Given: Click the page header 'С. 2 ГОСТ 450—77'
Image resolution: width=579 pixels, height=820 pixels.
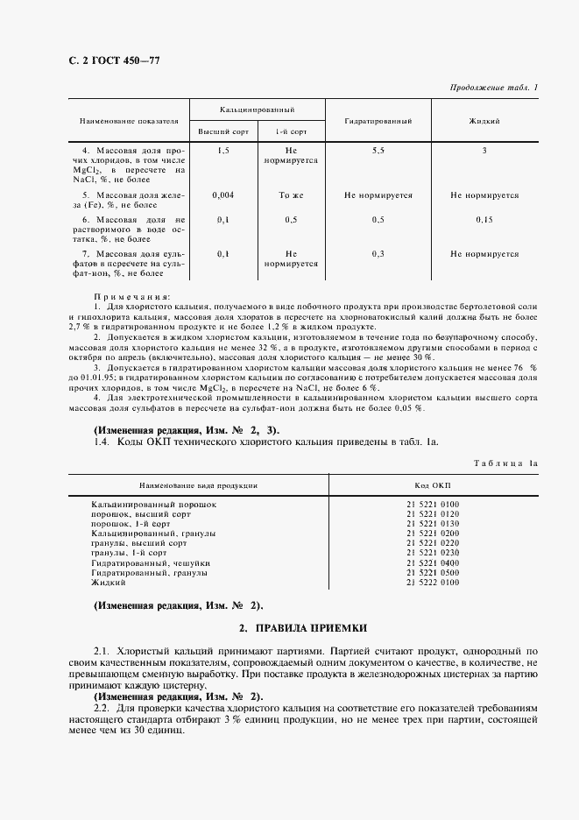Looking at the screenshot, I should [x=109, y=60].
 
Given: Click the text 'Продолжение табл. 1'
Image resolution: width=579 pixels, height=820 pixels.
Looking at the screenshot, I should [x=494, y=88].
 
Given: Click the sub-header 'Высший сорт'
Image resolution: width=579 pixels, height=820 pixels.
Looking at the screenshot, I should [x=222, y=131].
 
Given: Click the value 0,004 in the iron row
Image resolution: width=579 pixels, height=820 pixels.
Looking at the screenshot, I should [x=222, y=195].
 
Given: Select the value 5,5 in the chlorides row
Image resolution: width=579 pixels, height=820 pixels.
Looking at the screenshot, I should [x=378, y=151].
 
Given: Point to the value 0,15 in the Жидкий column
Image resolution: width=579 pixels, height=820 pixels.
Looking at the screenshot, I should [x=484, y=219].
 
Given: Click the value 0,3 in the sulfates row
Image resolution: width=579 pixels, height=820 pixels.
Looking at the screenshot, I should [x=378, y=254].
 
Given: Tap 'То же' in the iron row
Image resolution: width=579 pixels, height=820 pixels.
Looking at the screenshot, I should [x=290, y=195].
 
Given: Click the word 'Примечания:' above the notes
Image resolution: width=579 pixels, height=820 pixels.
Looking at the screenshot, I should [x=133, y=297].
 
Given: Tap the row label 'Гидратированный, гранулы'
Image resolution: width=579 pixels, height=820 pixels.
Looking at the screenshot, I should [x=149, y=573].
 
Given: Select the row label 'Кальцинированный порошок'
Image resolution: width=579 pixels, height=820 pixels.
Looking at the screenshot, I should [x=153, y=505].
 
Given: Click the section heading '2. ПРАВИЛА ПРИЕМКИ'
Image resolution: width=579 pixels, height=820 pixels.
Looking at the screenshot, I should [x=303, y=628].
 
